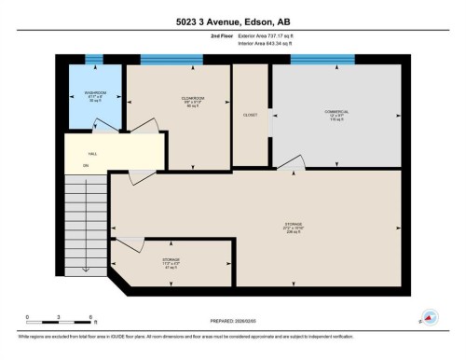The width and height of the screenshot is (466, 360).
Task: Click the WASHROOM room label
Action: [x=94, y=94]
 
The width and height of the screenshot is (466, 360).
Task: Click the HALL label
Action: [x=92, y=154]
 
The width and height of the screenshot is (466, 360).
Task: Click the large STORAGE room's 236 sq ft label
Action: [x=294, y=228]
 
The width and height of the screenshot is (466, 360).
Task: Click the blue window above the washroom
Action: [x=93, y=60]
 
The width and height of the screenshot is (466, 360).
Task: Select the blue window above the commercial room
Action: [x=322, y=60]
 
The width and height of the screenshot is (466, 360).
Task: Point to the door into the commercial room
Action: [x=291, y=164]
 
